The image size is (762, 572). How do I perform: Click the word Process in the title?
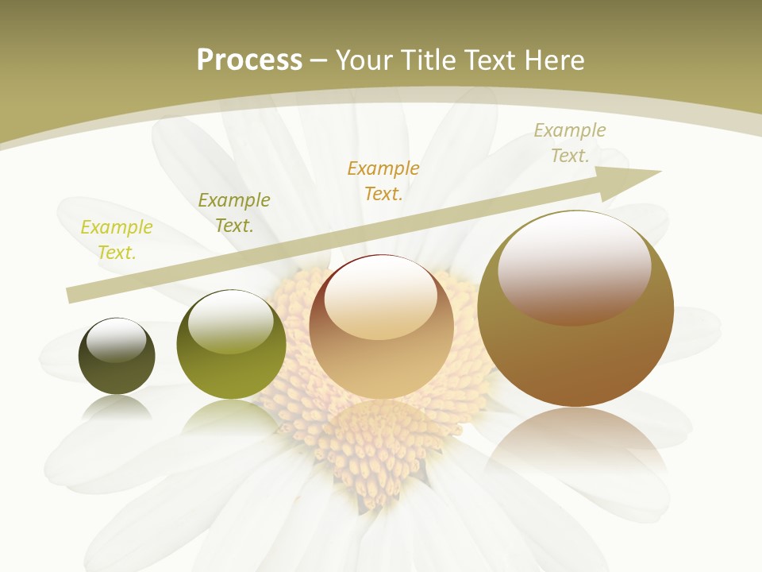249,60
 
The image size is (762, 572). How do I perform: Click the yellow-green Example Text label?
117,240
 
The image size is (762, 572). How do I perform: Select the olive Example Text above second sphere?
234,213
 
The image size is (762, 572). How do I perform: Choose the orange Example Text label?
383,180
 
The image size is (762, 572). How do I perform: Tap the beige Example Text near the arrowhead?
570,143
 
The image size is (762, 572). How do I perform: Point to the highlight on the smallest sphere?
116,340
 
